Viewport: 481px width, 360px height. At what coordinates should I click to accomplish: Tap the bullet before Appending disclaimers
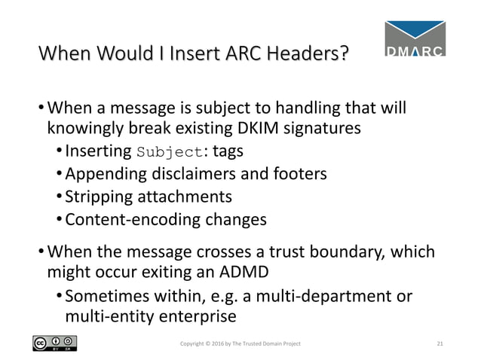60,175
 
